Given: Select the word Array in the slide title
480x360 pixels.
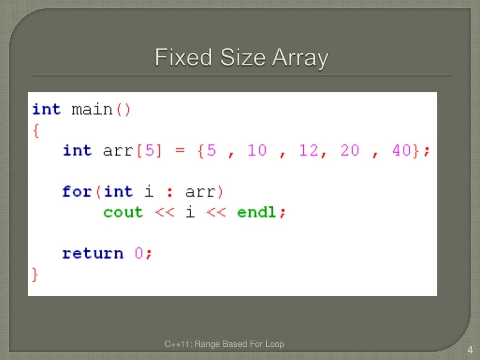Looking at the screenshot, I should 300,59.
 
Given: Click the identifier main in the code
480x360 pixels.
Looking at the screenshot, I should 92,110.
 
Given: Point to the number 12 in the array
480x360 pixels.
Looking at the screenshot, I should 308,150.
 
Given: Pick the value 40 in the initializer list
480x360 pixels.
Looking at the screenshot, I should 401,150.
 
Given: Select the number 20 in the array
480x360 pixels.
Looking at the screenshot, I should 350,150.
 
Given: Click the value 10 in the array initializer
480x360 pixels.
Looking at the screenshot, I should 257,150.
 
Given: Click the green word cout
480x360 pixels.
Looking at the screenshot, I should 123,212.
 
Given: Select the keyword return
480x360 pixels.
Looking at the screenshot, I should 92,254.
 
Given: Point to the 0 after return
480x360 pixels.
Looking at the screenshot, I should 139,254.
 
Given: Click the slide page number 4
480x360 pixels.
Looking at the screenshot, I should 470,349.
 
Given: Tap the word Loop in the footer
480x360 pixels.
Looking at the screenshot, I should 275,345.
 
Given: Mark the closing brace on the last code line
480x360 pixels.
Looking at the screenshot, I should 35,274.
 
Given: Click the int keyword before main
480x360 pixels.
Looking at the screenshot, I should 46,110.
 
